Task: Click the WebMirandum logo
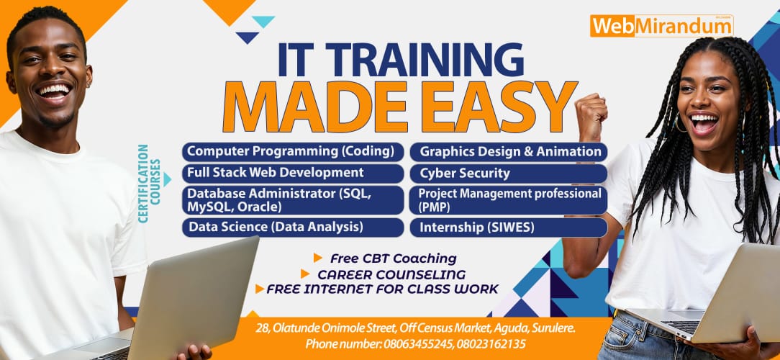[661, 26]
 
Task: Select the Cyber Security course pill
[509, 174]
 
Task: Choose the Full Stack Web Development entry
[293, 174]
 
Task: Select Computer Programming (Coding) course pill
[293, 151]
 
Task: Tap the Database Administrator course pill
[293, 200]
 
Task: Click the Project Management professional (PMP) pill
[509, 200]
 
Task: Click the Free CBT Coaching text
[394, 258]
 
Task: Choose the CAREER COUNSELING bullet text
[391, 274]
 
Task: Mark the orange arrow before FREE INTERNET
[259, 289]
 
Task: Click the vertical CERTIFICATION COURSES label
[150, 184]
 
